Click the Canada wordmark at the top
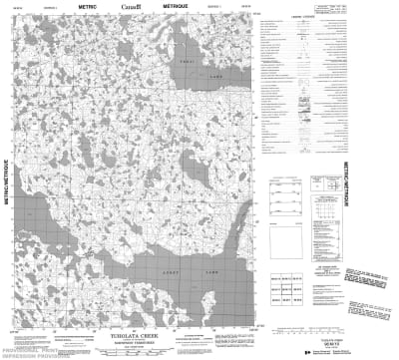(x=130, y=8)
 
